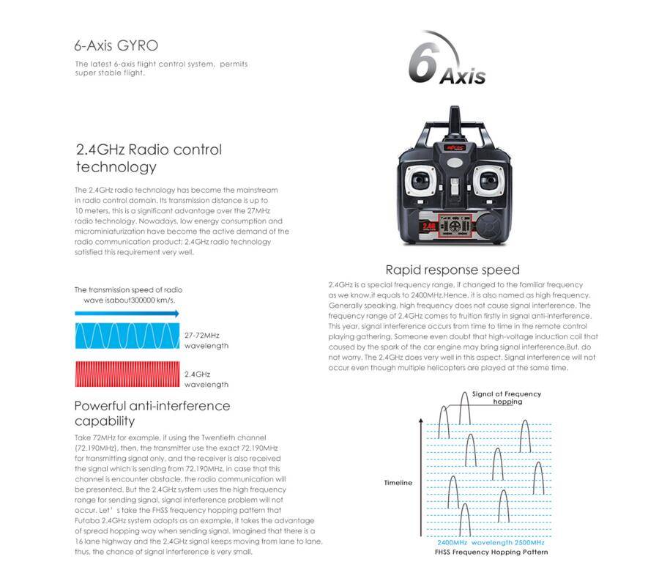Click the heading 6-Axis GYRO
coord(116,45)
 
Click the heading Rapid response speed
coord(452,270)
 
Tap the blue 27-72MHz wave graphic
coord(127,336)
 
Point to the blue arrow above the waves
coord(127,314)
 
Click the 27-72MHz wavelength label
coord(206,340)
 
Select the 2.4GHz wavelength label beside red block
coord(206,379)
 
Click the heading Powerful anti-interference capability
coord(152,413)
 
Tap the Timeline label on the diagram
coord(398,483)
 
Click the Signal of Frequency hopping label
coord(507,397)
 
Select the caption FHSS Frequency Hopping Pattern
coord(491,552)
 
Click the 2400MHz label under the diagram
coord(452,543)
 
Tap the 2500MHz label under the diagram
coord(529,543)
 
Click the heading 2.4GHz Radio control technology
coord(149,158)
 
